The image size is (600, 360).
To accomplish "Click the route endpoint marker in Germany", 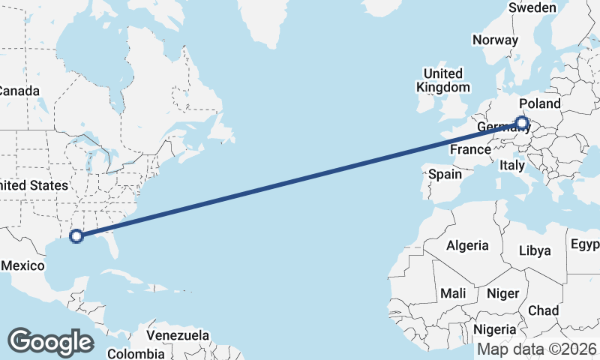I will [x=522, y=122].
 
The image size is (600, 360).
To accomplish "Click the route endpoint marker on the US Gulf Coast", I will [x=76, y=236].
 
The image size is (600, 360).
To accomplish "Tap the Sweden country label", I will [x=532, y=7].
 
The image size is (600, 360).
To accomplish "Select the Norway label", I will [x=495, y=40].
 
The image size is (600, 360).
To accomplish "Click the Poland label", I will [x=539, y=103].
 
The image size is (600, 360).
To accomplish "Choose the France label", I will [x=470, y=149].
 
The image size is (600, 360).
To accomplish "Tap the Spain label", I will [x=445, y=174].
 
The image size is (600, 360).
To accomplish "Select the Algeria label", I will [x=467, y=245].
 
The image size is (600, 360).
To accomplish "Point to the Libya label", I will [x=535, y=250].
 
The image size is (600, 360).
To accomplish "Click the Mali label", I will [x=453, y=292].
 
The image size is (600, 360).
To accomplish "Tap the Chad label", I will [x=543, y=310].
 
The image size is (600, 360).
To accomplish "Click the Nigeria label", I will [x=494, y=328].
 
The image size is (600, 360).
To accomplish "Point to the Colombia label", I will [x=135, y=353].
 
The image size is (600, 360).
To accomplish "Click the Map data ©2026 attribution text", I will [x=537, y=349].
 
